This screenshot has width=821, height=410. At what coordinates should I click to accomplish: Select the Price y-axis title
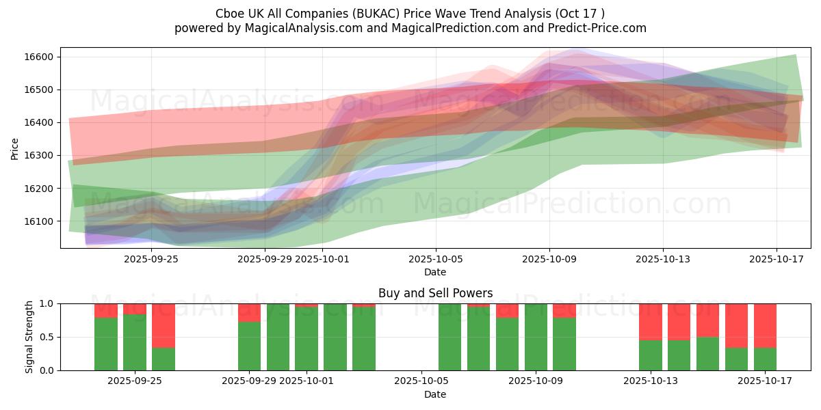15,148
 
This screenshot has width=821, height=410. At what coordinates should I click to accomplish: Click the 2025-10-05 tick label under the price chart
435,260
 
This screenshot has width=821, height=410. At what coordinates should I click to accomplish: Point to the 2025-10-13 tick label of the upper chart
662,260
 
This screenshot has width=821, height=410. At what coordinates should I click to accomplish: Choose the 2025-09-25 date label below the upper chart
151,260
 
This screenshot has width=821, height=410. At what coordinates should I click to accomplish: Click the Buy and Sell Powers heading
435,293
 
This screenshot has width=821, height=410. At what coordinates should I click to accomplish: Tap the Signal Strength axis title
29,337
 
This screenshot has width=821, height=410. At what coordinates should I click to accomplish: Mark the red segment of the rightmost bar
765,325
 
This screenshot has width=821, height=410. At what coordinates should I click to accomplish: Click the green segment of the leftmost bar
106,344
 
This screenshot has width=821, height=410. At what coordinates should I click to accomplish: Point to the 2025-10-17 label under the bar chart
776,381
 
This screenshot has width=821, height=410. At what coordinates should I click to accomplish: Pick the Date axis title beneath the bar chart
435,394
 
